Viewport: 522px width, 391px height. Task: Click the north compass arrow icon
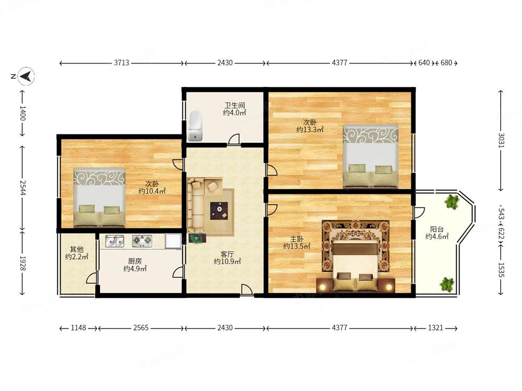[x=26, y=76]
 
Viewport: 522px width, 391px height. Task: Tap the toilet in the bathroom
[x=195, y=125]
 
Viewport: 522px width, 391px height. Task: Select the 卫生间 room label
[x=235, y=105]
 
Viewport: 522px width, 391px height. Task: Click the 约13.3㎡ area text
[x=310, y=130]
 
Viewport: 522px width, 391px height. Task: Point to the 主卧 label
[x=296, y=239]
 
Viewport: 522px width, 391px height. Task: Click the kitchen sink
[x=115, y=241]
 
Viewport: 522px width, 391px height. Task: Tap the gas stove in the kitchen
[x=142, y=241]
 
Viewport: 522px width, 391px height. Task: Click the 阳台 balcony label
[x=437, y=229]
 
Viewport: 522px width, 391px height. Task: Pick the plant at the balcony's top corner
[x=451, y=201]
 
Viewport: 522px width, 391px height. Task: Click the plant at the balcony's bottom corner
[x=447, y=284]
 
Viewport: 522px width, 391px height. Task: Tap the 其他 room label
[x=77, y=249]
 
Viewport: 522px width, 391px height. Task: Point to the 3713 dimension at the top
[x=122, y=63]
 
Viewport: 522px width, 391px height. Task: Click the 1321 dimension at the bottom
[x=435, y=328]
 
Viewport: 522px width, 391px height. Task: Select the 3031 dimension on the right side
[x=501, y=140]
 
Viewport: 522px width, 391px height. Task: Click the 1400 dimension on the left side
[x=22, y=113]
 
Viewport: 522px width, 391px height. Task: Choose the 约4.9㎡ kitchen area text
[x=135, y=268]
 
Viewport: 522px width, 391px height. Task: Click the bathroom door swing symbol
[x=234, y=139]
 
